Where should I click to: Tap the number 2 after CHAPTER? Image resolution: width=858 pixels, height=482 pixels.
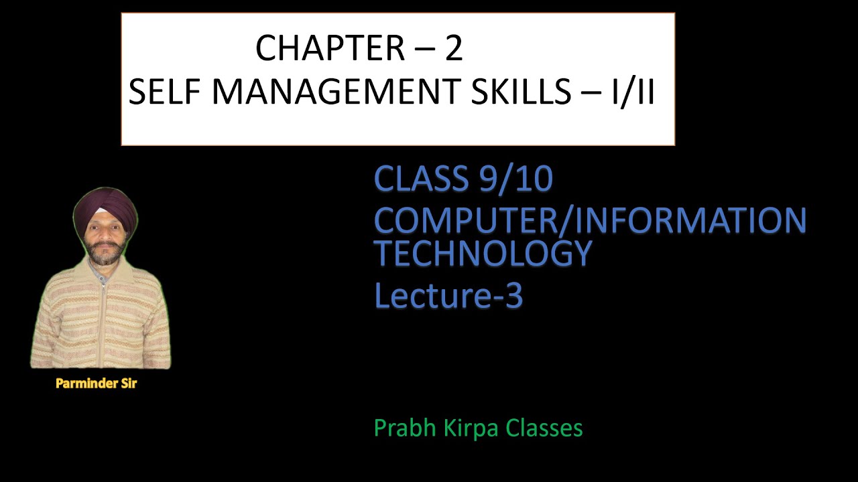[x=454, y=48]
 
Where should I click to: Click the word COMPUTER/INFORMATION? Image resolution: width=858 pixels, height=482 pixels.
[x=590, y=220]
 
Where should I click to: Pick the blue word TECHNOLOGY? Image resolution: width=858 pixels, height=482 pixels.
[x=483, y=253]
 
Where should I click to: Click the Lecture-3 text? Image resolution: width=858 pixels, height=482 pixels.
[x=448, y=296]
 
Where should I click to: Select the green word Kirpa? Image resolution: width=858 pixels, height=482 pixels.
[x=471, y=428]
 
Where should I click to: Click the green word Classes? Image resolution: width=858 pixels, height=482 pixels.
[x=544, y=428]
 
